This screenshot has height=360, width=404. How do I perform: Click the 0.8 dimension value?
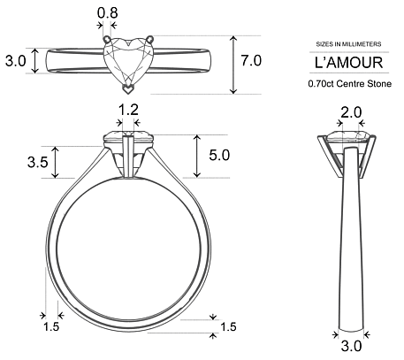107,13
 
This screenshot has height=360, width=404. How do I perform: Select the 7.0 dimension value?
251,61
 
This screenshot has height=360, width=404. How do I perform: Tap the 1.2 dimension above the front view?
129,110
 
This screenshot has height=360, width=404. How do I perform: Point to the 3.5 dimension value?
38,162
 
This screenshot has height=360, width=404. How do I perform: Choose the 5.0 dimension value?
219,156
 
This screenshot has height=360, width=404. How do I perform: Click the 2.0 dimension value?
351,111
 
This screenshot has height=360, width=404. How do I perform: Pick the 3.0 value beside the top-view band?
15,61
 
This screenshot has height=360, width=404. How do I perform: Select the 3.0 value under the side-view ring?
351,346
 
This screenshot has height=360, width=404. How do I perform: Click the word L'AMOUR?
348,63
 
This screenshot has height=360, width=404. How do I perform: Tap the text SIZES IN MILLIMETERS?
348,43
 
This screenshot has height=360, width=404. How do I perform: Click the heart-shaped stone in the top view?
129,62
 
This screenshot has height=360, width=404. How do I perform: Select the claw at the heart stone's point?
129,88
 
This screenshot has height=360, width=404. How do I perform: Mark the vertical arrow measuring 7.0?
233,65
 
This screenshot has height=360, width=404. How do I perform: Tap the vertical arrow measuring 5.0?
196,156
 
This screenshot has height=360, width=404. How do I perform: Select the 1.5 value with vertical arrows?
228,327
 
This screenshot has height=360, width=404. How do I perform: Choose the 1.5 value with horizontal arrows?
51,327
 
